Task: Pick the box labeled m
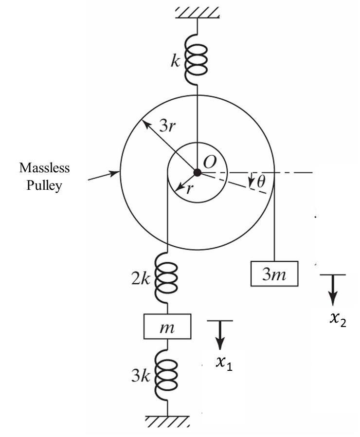pyautogui.click(x=167, y=327)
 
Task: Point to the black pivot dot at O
pyautogui.click(x=197, y=172)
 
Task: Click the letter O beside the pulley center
pyautogui.click(x=210, y=163)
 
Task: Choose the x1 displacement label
pyautogui.click(x=224, y=364)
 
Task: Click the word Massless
pyautogui.click(x=44, y=168)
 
